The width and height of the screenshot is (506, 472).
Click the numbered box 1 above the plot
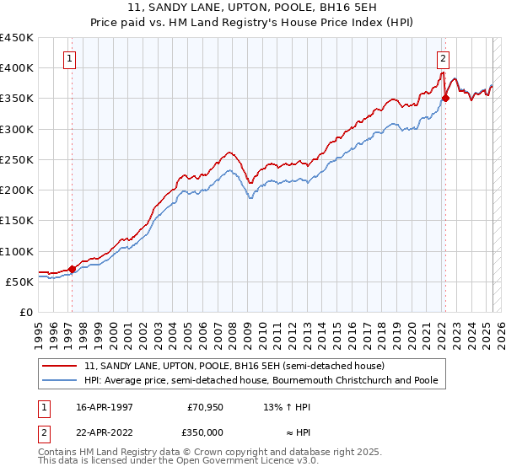click(x=68, y=59)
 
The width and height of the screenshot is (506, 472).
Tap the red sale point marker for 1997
click(x=72, y=270)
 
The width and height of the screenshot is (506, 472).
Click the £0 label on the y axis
click(x=25, y=313)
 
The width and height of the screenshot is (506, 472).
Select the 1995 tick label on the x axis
click(x=39, y=330)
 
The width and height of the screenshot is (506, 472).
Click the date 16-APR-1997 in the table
click(x=105, y=407)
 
